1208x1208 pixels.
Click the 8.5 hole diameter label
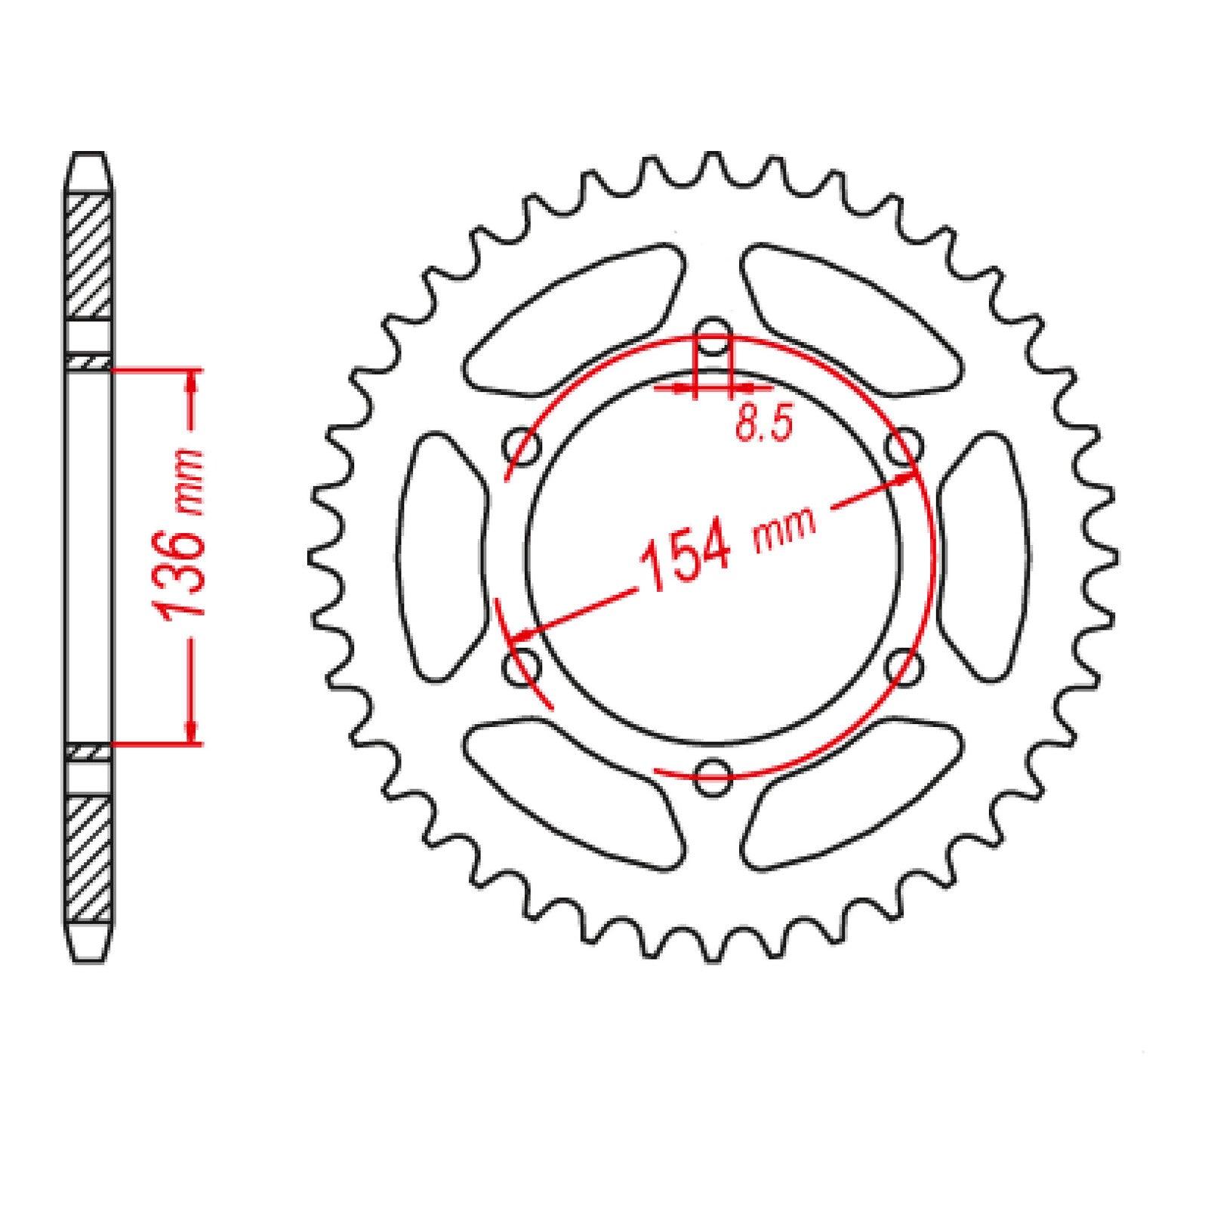point(763,424)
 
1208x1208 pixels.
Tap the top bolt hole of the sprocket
point(713,340)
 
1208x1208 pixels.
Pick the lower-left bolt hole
point(522,667)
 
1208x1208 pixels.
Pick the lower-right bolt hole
point(904,667)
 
